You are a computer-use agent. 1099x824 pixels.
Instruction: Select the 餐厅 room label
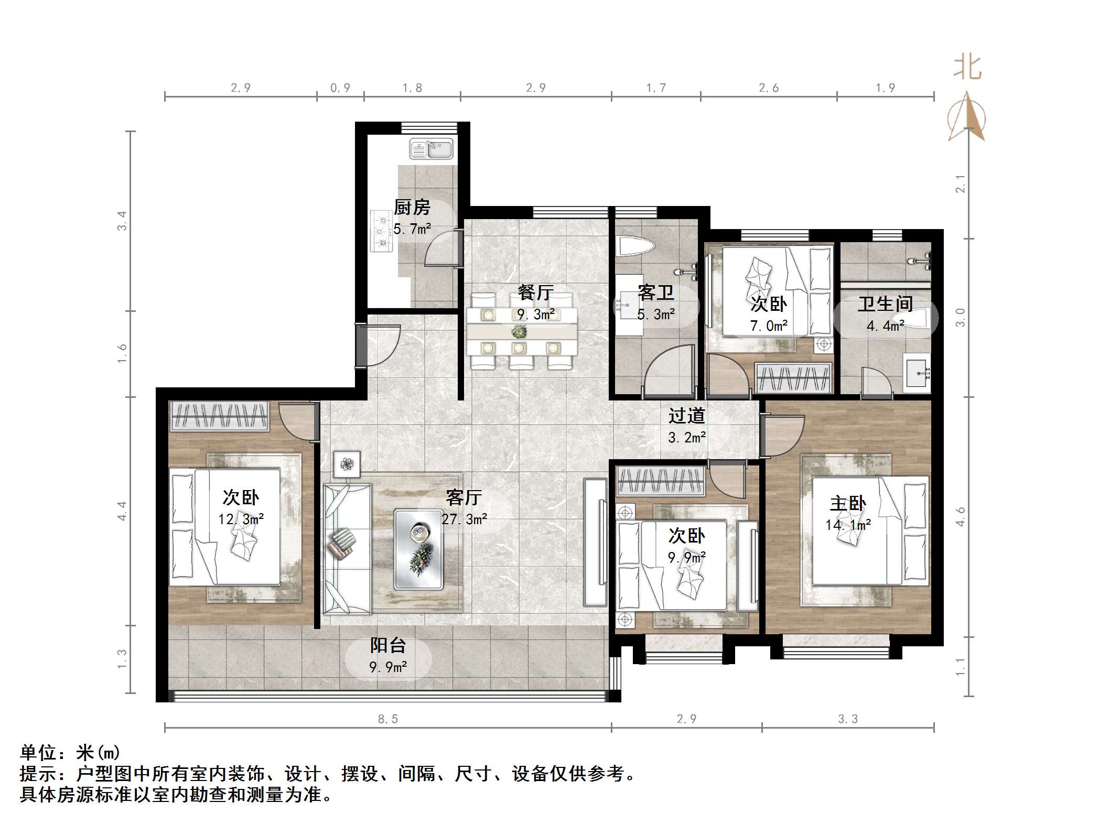click(x=535, y=292)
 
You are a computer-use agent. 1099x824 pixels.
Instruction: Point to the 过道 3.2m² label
click(x=686, y=426)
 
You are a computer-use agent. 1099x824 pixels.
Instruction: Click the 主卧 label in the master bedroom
click(x=848, y=504)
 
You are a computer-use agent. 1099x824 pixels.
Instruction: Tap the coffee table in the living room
click(x=418, y=550)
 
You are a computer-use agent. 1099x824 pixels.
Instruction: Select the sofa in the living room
click(x=347, y=548)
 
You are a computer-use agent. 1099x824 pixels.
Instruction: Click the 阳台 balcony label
click(x=388, y=645)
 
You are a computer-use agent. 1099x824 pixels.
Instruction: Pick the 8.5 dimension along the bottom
click(x=388, y=719)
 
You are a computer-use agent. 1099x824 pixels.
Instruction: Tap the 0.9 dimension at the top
click(x=340, y=88)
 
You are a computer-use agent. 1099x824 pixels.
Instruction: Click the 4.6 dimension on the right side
click(x=960, y=516)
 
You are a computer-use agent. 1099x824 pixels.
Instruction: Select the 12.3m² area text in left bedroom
click(x=241, y=519)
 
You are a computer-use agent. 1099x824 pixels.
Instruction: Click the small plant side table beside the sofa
click(x=347, y=464)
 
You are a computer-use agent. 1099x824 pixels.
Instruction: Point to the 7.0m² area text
click(x=769, y=326)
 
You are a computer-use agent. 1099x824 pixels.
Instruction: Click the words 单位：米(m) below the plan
click(x=70, y=753)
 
